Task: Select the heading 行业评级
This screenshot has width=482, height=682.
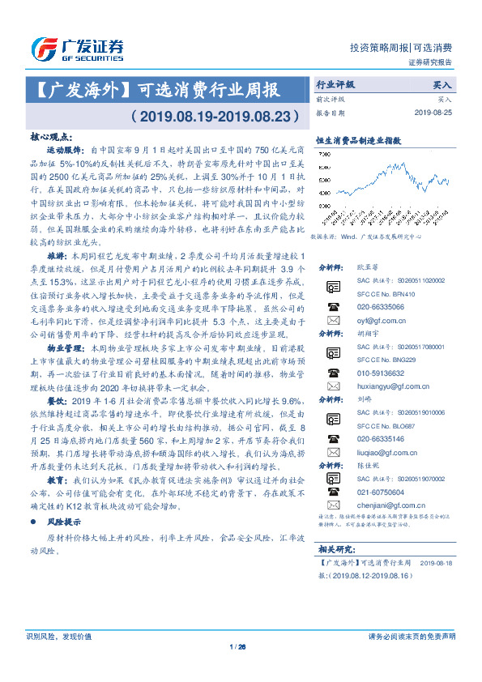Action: point(335,84)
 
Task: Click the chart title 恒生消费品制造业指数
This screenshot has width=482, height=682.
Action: point(348,139)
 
